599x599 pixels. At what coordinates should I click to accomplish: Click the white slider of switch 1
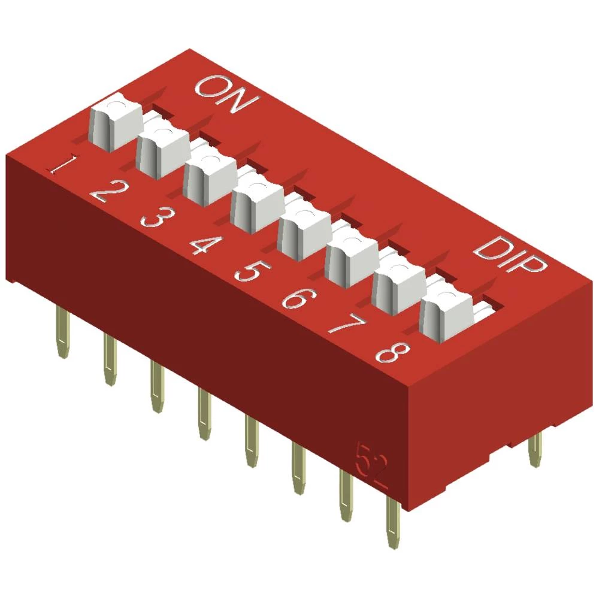tap(115, 123)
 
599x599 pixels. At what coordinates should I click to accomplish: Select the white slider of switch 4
tap(256, 203)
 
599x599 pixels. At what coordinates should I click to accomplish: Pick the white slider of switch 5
tap(304, 230)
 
